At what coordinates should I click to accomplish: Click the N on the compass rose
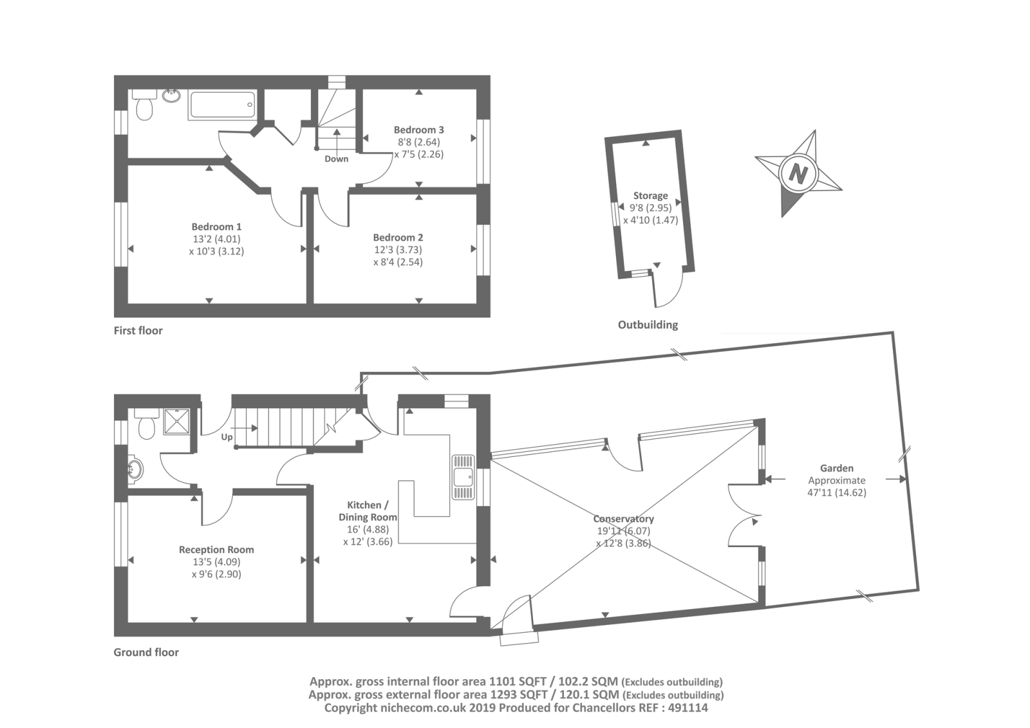[x=798, y=174]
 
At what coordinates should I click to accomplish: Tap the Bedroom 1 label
[x=216, y=227]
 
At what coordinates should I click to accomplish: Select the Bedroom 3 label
[x=418, y=130]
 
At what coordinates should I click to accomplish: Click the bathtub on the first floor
[x=223, y=105]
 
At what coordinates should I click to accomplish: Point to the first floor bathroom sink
[x=171, y=96]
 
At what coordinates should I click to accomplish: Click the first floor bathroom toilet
[x=144, y=107]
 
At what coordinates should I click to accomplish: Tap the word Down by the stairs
[x=336, y=159]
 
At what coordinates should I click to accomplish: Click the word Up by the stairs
[x=227, y=437]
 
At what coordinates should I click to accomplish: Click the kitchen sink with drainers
[x=463, y=477]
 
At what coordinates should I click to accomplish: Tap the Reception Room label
[x=216, y=550]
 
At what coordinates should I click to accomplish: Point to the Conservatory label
[x=623, y=519]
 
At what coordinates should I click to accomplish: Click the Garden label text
[x=836, y=469]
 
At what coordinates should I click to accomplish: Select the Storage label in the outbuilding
[x=650, y=196]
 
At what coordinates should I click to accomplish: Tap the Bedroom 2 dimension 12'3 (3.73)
[x=398, y=250]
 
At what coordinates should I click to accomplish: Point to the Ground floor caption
[x=146, y=652]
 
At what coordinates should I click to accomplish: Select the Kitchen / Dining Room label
[x=368, y=511]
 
